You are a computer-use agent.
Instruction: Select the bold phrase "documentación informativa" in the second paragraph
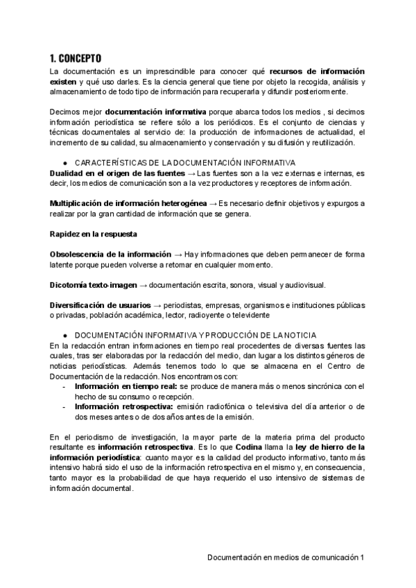(x=156, y=111)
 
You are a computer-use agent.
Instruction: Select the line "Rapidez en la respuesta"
(x=94, y=234)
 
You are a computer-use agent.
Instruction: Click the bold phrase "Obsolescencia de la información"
(x=111, y=254)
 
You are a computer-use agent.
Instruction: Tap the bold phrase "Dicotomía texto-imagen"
(x=95, y=284)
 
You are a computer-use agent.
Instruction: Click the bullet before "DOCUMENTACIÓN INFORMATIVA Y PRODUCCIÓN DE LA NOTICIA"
(x=64, y=335)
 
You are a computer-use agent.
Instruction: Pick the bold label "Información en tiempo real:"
(x=126, y=386)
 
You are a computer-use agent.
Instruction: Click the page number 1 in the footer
(x=362, y=557)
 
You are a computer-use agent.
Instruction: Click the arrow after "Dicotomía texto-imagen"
(x=143, y=284)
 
